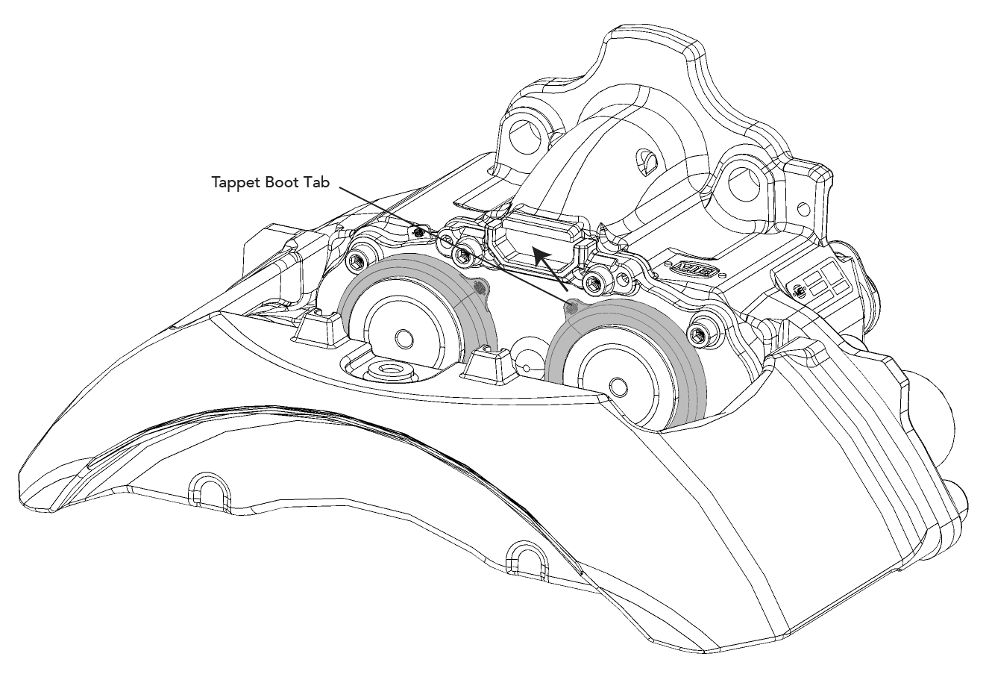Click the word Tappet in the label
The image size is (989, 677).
click(235, 183)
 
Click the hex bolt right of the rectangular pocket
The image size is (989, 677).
click(594, 282)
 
